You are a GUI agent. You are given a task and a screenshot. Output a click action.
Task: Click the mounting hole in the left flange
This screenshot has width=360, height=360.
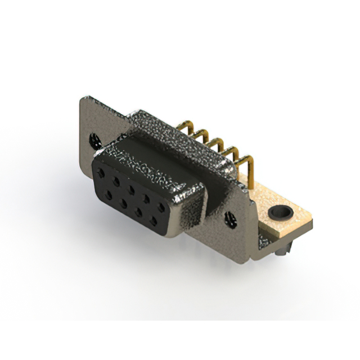[92, 137]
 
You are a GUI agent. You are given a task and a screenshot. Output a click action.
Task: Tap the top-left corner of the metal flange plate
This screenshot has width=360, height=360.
[83, 100]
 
